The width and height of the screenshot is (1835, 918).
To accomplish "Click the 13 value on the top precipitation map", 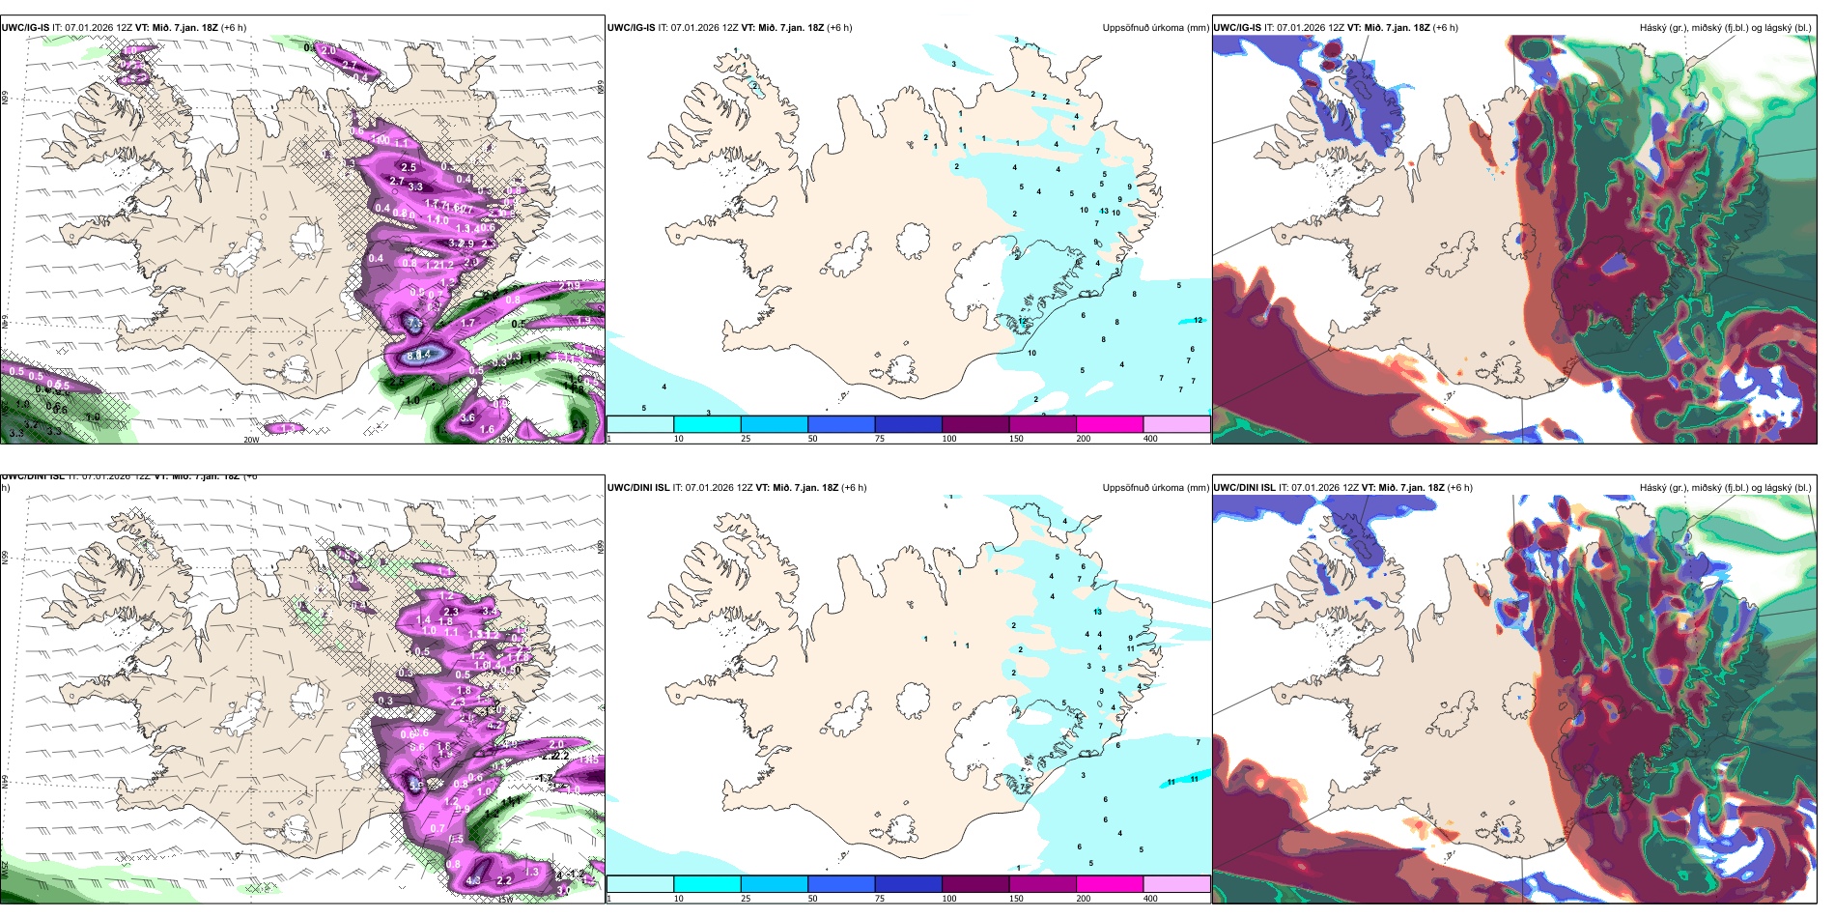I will pyautogui.click(x=1104, y=211).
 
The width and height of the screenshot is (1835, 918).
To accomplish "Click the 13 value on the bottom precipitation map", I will pyautogui.click(x=1097, y=612).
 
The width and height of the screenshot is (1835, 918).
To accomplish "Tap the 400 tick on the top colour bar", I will pyautogui.click(x=1150, y=439).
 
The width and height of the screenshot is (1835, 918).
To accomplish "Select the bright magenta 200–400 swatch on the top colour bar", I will pyautogui.click(x=1110, y=424).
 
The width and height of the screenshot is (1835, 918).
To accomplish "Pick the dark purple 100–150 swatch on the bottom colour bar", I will pyautogui.click(x=975, y=884).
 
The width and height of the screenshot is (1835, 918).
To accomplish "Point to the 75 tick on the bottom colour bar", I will pyautogui.click(x=879, y=899).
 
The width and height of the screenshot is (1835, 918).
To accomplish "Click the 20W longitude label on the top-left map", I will pyautogui.click(x=251, y=440).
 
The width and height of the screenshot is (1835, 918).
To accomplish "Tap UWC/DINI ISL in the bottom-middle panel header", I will pyautogui.click(x=638, y=488).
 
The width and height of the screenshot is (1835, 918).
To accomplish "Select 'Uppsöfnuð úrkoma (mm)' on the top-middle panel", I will pyautogui.click(x=1155, y=28).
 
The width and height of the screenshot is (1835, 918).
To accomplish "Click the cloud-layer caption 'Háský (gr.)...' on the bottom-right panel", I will pyautogui.click(x=1725, y=488).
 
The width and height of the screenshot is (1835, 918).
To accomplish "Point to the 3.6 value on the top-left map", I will pyautogui.click(x=467, y=417).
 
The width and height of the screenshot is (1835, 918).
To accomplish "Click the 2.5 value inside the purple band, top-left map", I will pyautogui.click(x=409, y=167).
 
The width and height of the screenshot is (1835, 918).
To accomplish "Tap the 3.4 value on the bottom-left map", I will pyautogui.click(x=489, y=611).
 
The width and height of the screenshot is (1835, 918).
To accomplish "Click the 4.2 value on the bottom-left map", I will pyautogui.click(x=473, y=880).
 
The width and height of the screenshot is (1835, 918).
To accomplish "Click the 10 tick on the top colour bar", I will pyautogui.click(x=678, y=439).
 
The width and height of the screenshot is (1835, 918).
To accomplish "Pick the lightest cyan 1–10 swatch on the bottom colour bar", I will pyautogui.click(x=640, y=884).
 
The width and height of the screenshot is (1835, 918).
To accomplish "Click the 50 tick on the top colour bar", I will pyautogui.click(x=812, y=439).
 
